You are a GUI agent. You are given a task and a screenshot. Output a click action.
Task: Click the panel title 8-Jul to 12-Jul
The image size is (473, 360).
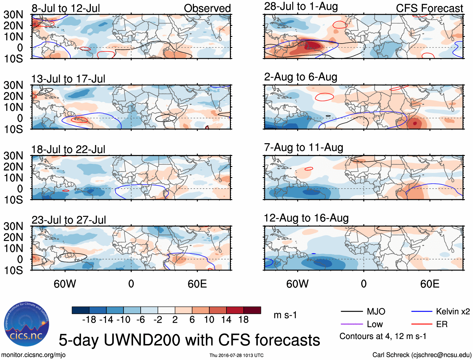point(66,8)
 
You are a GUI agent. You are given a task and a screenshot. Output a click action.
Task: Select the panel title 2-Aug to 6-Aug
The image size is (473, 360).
point(301,77)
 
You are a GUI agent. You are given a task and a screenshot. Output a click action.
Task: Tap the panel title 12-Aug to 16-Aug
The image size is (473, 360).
point(306,218)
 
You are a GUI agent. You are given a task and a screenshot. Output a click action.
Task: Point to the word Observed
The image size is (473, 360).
point(207,8)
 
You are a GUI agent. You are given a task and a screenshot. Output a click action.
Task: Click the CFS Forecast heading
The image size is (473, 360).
point(429,8)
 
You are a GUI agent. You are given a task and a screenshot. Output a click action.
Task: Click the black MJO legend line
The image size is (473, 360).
point(352,311)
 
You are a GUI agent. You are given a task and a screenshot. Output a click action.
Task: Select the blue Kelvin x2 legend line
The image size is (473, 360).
point(422,311)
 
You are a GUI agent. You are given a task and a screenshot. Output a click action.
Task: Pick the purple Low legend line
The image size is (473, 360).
point(352,324)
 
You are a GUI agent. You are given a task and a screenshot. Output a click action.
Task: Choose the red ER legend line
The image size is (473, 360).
point(422,324)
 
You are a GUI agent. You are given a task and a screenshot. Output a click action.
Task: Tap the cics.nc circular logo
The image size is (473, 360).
point(27,324)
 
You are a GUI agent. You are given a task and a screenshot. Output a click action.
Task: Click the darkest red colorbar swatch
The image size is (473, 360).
point(252,310)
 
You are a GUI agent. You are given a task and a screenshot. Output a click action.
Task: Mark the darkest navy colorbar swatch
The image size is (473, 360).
point(81,310)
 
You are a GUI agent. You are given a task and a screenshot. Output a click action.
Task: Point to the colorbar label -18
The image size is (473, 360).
point(89,320)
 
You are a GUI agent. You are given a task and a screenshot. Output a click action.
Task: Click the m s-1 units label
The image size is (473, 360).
point(285,315)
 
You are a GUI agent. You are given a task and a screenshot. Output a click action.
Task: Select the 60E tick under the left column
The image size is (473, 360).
point(197,284)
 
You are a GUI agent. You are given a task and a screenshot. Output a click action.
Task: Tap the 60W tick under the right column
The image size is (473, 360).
point(297,284)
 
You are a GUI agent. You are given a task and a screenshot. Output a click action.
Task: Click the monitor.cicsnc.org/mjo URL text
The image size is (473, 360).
point(33,355)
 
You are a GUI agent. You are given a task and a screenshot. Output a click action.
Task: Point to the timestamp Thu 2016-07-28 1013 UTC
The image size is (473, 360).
point(236,355)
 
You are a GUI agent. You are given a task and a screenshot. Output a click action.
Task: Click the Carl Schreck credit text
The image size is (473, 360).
point(422,355)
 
